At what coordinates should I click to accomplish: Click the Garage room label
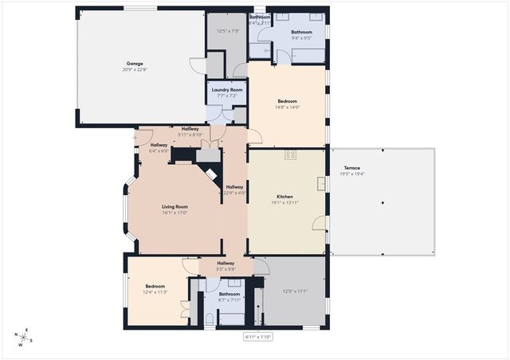[x=134, y=63]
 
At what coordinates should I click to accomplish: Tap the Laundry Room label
[x=227, y=89]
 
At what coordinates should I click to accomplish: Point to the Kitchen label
[x=285, y=196]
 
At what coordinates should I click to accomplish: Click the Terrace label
[x=351, y=167]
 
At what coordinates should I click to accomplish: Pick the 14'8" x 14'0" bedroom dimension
[x=288, y=107]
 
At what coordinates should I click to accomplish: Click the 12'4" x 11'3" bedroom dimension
[x=155, y=292]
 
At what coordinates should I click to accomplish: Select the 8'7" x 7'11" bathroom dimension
[x=229, y=299]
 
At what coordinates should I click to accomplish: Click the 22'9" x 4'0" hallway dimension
[x=233, y=192]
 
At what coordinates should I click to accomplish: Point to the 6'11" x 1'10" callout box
[x=257, y=337]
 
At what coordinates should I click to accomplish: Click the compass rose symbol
[x=25, y=337]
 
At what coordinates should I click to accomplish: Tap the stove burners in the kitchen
[x=291, y=155]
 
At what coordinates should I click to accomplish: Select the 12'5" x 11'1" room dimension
[x=295, y=291]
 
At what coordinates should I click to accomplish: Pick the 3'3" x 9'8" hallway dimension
[x=226, y=268]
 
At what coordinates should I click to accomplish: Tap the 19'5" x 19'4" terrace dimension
[x=351, y=174]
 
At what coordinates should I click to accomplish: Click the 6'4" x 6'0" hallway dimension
[x=159, y=151]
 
